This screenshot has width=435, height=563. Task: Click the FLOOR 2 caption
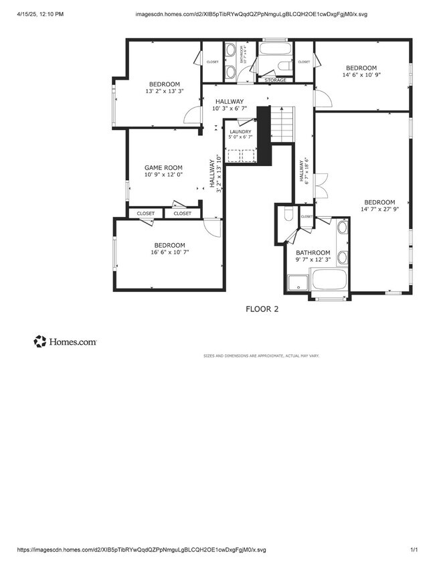(262, 309)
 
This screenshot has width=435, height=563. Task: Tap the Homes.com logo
(65, 341)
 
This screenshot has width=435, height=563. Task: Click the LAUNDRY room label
(240, 132)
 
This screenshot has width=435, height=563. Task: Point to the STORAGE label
(275, 80)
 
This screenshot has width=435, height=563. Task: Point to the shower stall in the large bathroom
(296, 283)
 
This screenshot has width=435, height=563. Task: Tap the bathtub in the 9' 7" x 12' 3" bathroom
(329, 280)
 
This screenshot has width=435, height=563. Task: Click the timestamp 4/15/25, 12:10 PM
(41, 13)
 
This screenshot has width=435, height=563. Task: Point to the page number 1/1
(414, 550)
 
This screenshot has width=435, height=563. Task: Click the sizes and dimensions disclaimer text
(261, 355)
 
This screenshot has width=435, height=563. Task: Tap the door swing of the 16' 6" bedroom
(211, 228)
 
